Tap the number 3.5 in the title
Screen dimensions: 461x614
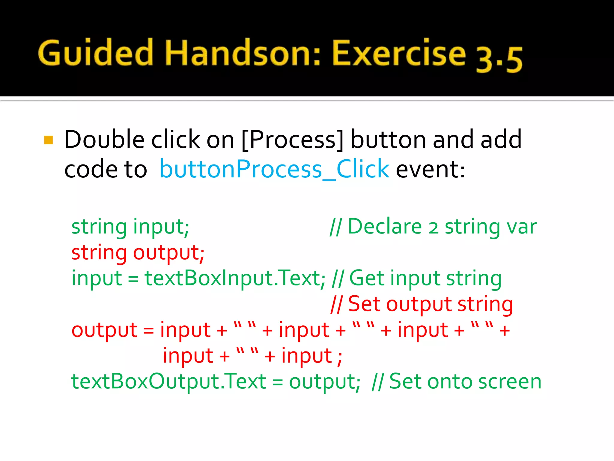[x=499, y=59]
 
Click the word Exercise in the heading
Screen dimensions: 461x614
[x=399, y=53]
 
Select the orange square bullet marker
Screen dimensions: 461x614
[x=49, y=140]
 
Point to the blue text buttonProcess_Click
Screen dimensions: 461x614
[x=274, y=169]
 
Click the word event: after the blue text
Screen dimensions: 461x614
[x=430, y=169]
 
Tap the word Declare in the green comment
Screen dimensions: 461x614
[x=385, y=226]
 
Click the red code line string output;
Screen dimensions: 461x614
[x=138, y=252]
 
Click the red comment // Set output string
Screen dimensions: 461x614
[x=422, y=304]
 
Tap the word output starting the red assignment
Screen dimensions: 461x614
[x=104, y=330]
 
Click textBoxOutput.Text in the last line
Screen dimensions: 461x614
[x=168, y=382]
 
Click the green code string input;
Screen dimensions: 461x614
[x=130, y=227]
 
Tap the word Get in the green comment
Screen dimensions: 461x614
[x=367, y=278]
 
